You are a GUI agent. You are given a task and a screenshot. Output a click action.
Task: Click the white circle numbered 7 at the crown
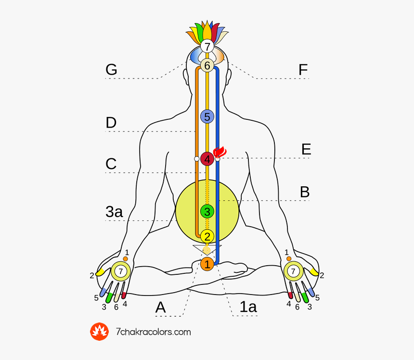(207, 47)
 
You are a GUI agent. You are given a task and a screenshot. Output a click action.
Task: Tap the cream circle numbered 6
(207, 66)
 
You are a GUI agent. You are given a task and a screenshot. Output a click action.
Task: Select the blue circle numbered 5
(207, 116)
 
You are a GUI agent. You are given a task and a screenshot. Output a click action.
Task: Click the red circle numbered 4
(207, 159)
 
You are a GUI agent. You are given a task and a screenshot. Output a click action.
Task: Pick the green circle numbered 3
(207, 211)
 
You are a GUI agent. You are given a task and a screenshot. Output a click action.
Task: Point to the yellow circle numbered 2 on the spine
(207, 236)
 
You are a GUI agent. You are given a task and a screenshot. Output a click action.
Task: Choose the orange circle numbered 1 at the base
(207, 264)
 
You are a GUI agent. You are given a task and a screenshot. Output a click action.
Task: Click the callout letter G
(111, 70)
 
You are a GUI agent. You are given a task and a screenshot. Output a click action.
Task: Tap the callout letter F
(303, 70)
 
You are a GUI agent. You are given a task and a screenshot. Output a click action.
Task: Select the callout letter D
(111, 123)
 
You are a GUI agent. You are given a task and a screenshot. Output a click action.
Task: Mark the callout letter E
(306, 150)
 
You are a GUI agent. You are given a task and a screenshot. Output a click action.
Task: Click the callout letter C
(111, 164)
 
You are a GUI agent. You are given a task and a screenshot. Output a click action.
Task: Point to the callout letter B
(305, 192)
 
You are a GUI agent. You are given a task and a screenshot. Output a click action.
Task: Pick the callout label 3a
(114, 212)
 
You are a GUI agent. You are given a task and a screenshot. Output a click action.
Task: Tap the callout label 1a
(248, 307)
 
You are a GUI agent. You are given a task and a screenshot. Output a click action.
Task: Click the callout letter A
(161, 308)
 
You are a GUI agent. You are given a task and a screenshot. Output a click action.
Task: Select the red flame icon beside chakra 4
(220, 153)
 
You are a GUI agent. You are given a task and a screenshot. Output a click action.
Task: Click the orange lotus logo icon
(100, 332)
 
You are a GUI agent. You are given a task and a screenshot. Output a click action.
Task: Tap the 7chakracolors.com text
(154, 332)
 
